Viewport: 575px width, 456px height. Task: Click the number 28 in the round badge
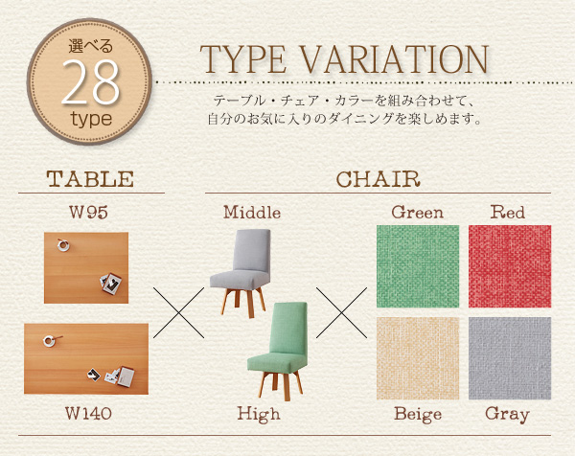[x=91, y=81]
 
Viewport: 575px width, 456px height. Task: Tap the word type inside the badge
[x=91, y=120]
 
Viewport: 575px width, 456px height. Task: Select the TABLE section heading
[x=90, y=179]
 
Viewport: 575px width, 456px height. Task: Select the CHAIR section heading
[x=378, y=179]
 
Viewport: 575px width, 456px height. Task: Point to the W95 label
[x=88, y=213]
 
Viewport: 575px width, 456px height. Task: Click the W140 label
[x=88, y=413]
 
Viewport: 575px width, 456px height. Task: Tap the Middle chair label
[x=252, y=213]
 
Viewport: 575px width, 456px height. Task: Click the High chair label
[x=259, y=414]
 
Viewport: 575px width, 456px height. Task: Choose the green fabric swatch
[x=418, y=266]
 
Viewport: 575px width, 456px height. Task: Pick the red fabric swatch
[x=510, y=266]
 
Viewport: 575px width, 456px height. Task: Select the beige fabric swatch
[x=418, y=358]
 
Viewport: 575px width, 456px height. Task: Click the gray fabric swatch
[x=510, y=358]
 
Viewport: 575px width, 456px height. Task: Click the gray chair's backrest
[x=252, y=250]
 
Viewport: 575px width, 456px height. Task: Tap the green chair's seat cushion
[x=277, y=361]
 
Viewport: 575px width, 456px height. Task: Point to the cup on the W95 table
[x=63, y=245]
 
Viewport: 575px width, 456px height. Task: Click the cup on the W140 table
[x=50, y=341]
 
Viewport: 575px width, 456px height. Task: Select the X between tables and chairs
[x=178, y=312]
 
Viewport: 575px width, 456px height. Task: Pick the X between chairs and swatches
[x=341, y=312]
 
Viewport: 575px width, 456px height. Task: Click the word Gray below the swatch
[x=508, y=415]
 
